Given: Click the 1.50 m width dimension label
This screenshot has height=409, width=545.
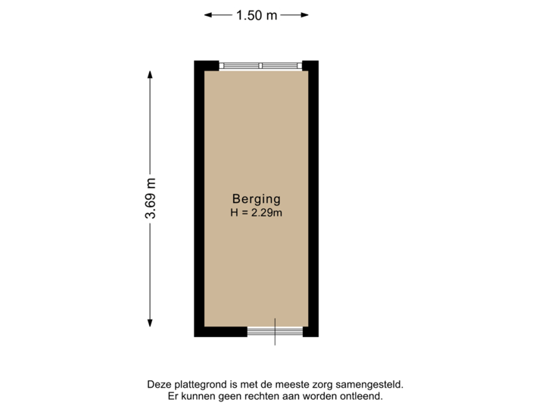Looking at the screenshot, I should [257, 14].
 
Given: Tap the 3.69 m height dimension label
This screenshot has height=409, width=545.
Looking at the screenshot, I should [151, 198].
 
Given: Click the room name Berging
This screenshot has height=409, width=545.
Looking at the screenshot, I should [256, 199].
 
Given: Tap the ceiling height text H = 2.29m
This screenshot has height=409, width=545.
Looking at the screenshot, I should [256, 213].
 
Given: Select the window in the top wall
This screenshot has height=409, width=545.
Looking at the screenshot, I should [260, 66].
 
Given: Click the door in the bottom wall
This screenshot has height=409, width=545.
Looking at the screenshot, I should [275, 332].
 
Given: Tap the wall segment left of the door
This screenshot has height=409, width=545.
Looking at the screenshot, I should [220, 332].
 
